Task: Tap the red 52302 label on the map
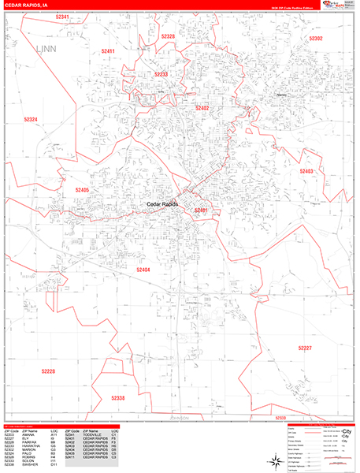[315, 38]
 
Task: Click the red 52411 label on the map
[108, 51]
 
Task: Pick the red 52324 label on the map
[31, 119]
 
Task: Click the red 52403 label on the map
[306, 171]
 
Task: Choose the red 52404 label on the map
[143, 270]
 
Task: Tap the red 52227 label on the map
[306, 347]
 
